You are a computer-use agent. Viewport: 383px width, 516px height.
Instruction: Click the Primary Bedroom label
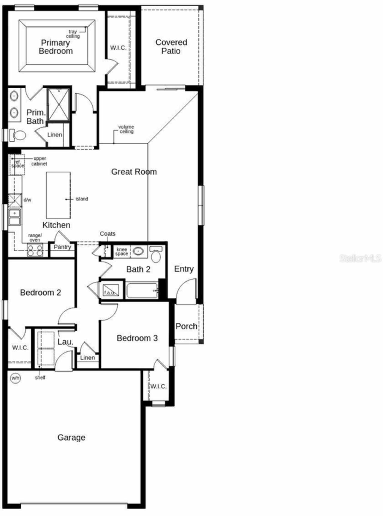pyautogui.click(x=56, y=47)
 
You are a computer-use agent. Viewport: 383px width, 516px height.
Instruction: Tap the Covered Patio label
pyautogui.click(x=171, y=47)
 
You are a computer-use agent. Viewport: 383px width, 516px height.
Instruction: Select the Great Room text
pyautogui.click(x=134, y=172)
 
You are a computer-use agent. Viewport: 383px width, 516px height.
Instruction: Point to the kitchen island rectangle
pyautogui.click(x=58, y=195)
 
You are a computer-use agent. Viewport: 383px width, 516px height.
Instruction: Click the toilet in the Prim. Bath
pyautogui.click(x=18, y=135)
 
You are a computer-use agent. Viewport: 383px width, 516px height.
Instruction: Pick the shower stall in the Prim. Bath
pyautogui.click(x=59, y=104)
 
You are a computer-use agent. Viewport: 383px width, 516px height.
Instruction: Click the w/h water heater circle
pyautogui.click(x=15, y=378)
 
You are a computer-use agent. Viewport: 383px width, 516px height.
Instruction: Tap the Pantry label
pyautogui.click(x=62, y=247)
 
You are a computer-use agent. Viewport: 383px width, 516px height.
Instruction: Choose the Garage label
pyautogui.click(x=71, y=438)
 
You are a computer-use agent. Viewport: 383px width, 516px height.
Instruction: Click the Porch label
pyautogui.click(x=186, y=326)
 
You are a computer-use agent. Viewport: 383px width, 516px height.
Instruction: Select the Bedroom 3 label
pyautogui.click(x=137, y=338)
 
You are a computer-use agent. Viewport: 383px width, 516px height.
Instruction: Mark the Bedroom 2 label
pyautogui.click(x=40, y=292)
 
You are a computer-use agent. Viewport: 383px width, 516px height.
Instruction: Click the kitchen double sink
pyautogui.click(x=14, y=217)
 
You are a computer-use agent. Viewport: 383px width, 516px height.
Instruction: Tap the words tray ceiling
pyautogui.click(x=73, y=34)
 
